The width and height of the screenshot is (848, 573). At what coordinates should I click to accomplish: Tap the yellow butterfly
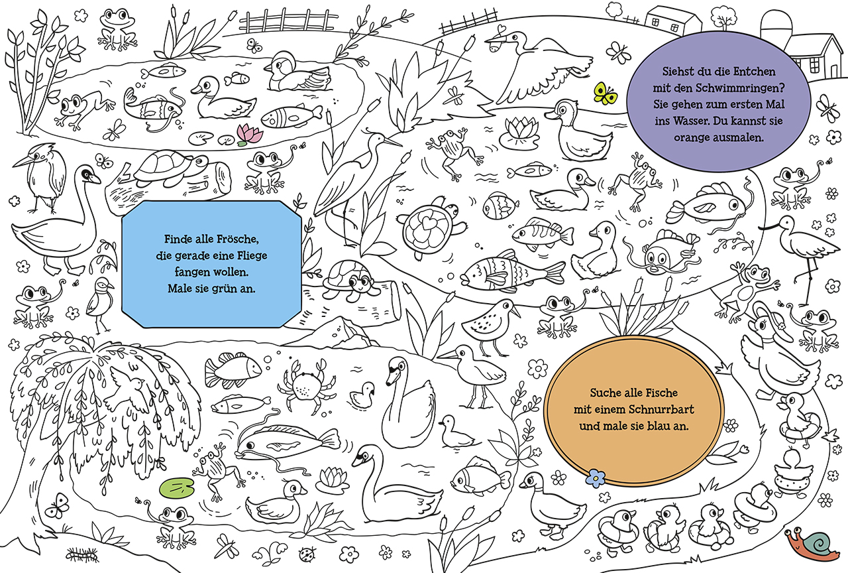604,94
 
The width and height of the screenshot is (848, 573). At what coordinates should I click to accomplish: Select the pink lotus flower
250,134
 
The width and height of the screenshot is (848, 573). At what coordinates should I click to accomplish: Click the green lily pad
174,487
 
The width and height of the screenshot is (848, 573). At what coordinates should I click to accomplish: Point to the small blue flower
596,477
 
